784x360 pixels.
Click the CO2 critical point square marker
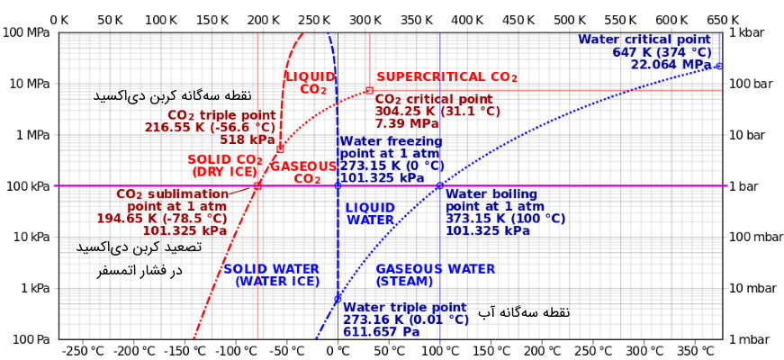[x=369, y=90]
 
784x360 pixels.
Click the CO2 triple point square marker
[x=280, y=148]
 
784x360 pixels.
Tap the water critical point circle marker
[x=719, y=66]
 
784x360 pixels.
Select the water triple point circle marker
[x=338, y=299]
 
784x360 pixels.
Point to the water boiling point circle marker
[x=439, y=185]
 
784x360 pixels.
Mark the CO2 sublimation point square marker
[x=257, y=185]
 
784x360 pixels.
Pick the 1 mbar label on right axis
[x=750, y=339]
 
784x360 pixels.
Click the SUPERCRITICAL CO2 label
[x=446, y=77]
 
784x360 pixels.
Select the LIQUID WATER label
[x=370, y=213]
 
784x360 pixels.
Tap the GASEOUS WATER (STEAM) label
[x=435, y=274]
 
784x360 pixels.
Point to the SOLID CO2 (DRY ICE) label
[x=225, y=166]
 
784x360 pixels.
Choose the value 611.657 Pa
[x=382, y=332]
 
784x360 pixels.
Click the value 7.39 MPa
[x=407, y=123]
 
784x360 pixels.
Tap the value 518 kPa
[x=247, y=139]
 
